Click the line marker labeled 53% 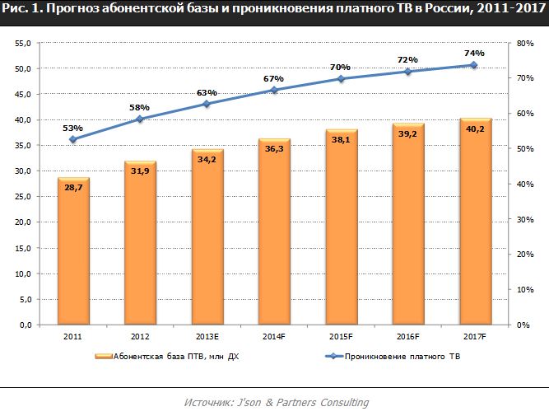(x=73, y=139)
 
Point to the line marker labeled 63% (x=207, y=104)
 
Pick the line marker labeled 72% (x=407, y=72)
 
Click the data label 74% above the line (x=474, y=53)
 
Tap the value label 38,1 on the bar (x=340, y=139)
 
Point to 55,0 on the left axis (x=22, y=43)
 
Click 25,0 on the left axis (x=22, y=197)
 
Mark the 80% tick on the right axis (x=524, y=43)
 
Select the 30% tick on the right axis (x=524, y=219)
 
